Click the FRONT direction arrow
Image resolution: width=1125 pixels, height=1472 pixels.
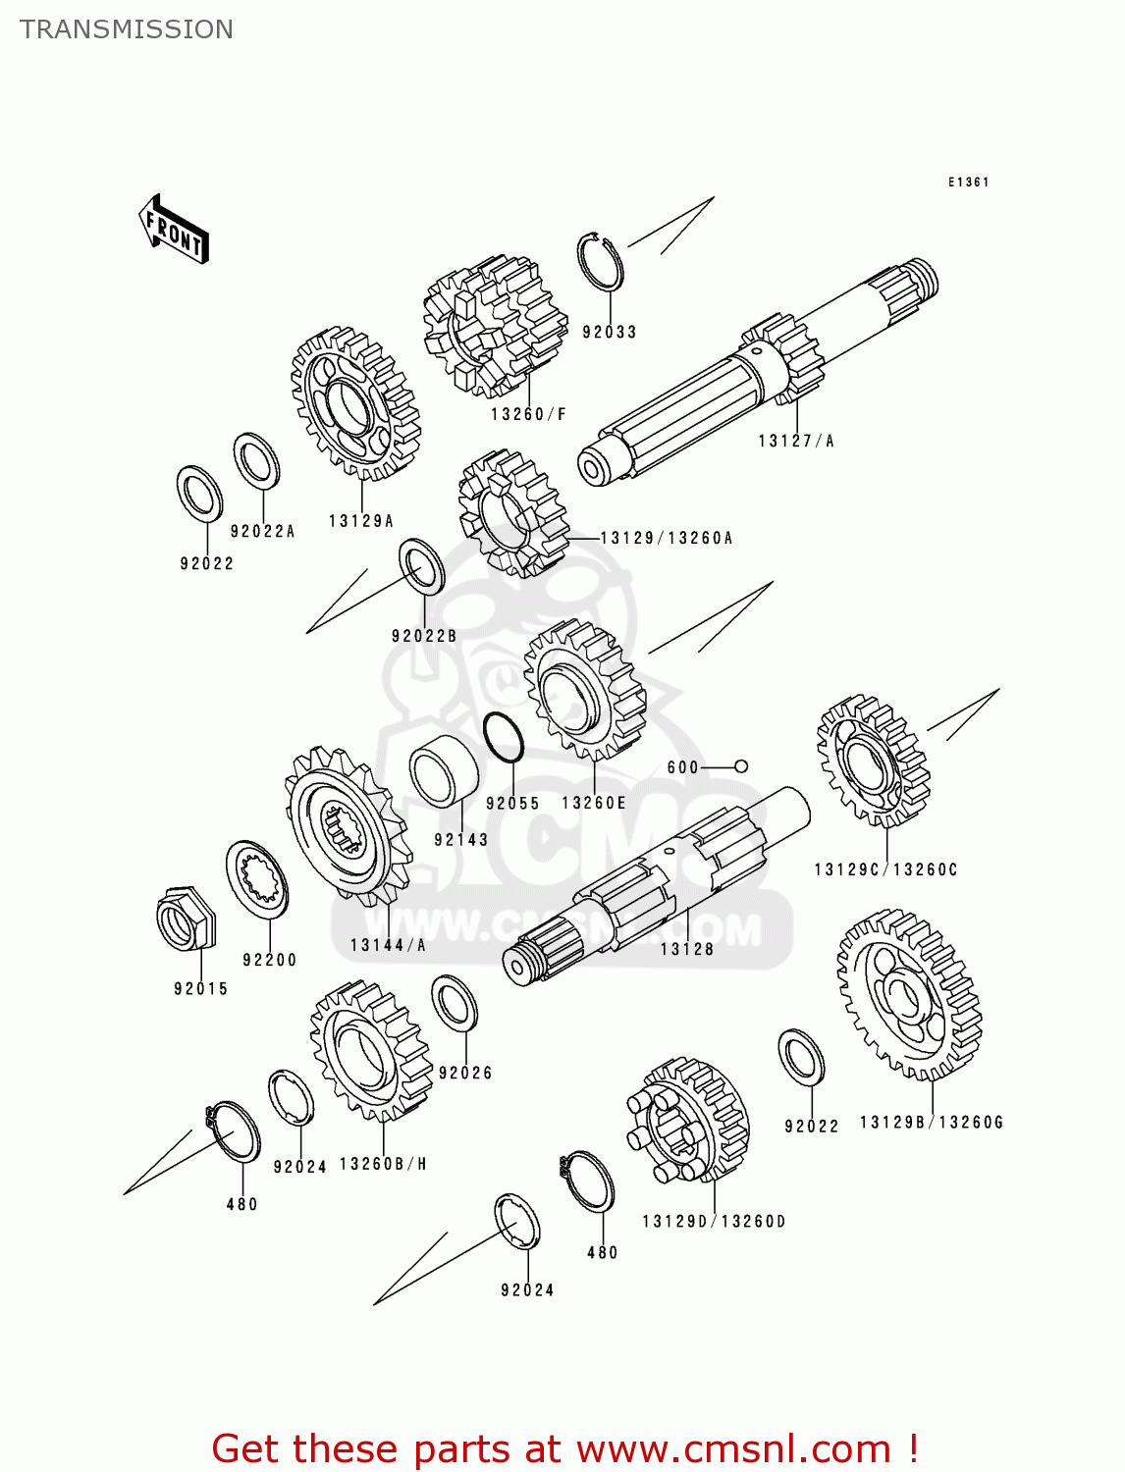tap(175, 230)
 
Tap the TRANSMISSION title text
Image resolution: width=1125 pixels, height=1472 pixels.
tap(127, 29)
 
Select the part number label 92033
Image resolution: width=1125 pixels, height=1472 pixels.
tap(609, 332)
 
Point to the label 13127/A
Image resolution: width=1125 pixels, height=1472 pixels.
tap(795, 442)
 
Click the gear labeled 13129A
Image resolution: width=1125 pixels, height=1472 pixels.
tap(355, 403)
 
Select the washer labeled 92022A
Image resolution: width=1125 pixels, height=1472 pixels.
tap(256, 460)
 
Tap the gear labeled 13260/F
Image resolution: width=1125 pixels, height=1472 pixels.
tap(495, 324)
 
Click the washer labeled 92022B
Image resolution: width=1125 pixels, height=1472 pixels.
tap(421, 566)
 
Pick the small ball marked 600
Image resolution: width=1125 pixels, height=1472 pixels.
tap(741, 766)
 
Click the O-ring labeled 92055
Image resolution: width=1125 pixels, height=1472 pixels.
tap(504, 737)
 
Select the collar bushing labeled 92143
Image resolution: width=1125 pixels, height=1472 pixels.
tap(444, 771)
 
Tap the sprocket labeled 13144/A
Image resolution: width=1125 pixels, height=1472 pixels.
tap(347, 825)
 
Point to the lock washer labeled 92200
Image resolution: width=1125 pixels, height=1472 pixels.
tap(257, 879)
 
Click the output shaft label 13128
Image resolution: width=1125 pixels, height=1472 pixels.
tap(686, 949)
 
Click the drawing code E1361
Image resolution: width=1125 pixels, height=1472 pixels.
tap(968, 183)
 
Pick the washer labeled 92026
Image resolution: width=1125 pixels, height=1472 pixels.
tap(455, 1003)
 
